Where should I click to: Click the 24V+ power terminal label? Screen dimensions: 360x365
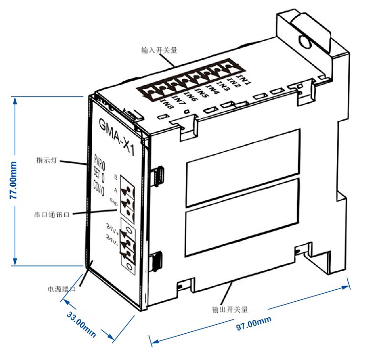(112, 226)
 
